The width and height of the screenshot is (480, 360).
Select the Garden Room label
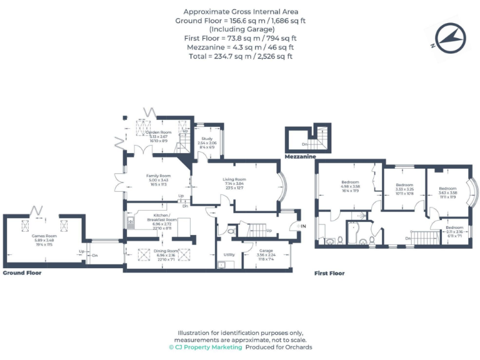click(157, 133)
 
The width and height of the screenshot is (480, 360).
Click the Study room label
click(207, 139)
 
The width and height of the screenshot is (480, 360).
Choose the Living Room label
click(234, 180)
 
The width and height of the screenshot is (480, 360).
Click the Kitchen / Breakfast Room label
click(161, 220)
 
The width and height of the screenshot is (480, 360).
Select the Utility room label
click(229, 255)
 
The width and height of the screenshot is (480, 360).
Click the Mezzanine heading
click(300, 157)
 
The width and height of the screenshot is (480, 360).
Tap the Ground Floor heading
click(22, 273)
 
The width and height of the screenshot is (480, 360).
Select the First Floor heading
click(329, 273)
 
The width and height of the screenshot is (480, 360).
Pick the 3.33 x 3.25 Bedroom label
click(404, 185)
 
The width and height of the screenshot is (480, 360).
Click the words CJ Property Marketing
click(208, 347)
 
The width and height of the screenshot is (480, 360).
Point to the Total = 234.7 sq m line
click(241, 56)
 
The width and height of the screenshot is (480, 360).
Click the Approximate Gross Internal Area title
click(241, 12)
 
